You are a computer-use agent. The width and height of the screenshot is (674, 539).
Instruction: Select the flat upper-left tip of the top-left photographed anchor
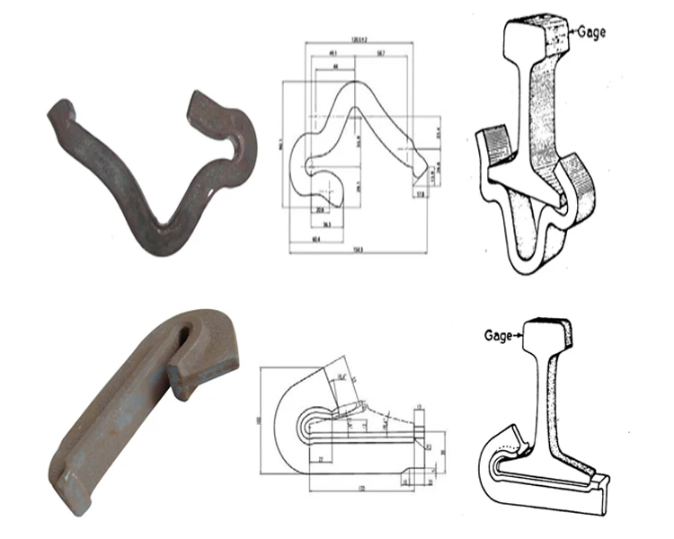tap(60, 114)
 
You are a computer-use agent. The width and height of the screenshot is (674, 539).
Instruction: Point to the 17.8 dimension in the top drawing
tap(419, 192)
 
